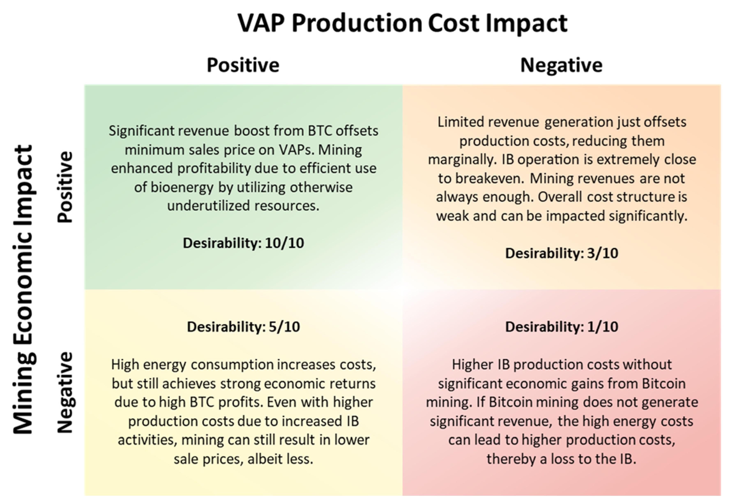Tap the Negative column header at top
coord(561,65)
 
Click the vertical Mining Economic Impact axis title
coord(23,289)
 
